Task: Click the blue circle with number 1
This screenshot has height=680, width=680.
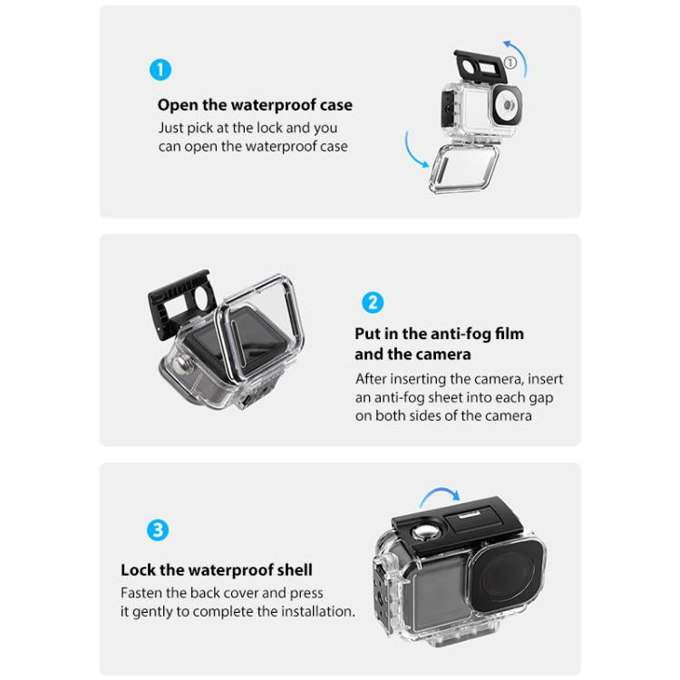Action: [x=160, y=70]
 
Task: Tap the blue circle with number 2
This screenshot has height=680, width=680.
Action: [x=372, y=302]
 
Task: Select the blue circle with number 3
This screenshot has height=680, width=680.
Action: [x=158, y=529]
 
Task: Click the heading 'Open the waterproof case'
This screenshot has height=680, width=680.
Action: [x=255, y=105]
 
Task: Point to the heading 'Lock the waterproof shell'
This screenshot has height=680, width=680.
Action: [x=217, y=570]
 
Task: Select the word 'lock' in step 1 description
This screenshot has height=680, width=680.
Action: [x=272, y=128]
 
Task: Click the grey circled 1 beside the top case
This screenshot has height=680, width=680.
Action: [x=510, y=63]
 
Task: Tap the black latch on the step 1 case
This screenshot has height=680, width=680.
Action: [x=476, y=65]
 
